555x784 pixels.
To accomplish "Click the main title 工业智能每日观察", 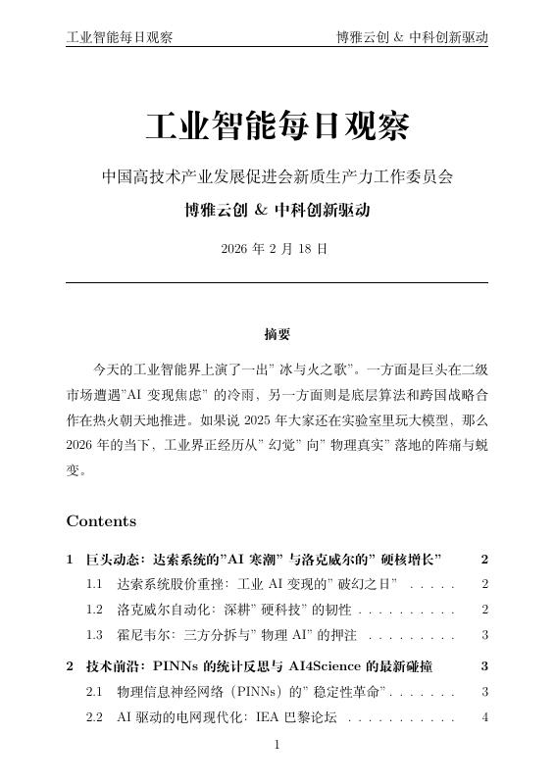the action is click(277, 127).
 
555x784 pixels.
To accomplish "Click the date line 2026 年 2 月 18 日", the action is click(277, 249).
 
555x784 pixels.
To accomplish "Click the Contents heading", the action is click(101, 521).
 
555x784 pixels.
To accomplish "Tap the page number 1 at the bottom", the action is click(277, 746).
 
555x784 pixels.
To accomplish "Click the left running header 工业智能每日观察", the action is click(120, 38).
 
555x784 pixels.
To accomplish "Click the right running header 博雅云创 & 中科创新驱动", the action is click(412, 38).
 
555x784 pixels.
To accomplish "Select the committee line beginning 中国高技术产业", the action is click(277, 178).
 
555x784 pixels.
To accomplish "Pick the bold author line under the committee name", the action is click(277, 211).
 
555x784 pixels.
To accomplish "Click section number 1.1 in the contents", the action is click(95, 584).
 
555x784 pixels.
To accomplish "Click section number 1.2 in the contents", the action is click(95, 610).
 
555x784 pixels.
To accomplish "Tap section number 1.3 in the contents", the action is click(95, 635).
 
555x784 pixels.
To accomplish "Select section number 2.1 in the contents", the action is click(95, 693).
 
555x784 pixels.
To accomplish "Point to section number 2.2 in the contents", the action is click(95, 718).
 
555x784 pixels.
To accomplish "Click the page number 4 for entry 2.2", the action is click(484, 718).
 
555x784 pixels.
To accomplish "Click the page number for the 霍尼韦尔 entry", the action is click(484, 635).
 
